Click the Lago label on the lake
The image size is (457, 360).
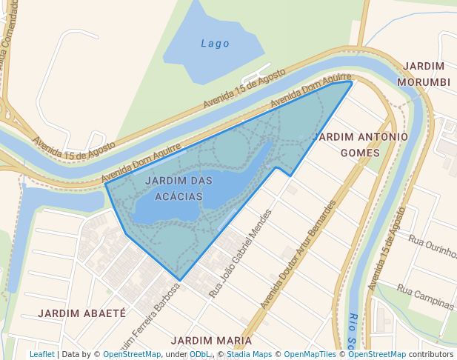click(215, 44)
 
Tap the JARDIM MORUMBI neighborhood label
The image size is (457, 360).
click(423, 74)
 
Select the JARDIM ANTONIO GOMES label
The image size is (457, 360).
click(360, 144)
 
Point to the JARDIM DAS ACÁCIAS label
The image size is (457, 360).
click(179, 188)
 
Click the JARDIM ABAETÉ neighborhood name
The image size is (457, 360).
click(81, 313)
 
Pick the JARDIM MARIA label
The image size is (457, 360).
click(211, 340)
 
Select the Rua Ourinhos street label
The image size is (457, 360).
click(433, 247)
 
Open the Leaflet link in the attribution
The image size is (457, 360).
click(41, 354)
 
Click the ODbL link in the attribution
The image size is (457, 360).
click(199, 354)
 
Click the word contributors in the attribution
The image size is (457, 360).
click(431, 354)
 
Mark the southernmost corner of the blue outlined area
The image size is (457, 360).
click(179, 280)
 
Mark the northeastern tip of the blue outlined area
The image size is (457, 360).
click(351, 81)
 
